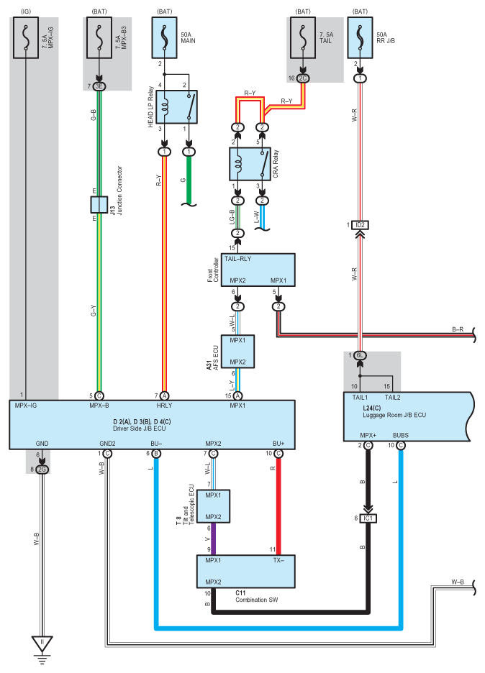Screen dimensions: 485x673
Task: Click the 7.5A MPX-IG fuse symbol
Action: (x=26, y=38)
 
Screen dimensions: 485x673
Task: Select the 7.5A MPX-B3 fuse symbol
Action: (x=99, y=38)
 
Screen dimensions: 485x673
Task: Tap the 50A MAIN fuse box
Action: (x=164, y=38)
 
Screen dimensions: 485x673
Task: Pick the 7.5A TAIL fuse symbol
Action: (x=303, y=38)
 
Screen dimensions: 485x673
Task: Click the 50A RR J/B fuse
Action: (x=360, y=38)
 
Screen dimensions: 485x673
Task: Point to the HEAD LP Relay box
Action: (x=176, y=107)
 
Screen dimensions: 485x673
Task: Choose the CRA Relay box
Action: (x=250, y=164)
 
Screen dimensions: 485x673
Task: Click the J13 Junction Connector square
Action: (x=99, y=205)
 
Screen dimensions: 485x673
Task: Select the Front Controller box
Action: (x=258, y=270)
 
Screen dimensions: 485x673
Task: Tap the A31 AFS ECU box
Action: (x=237, y=352)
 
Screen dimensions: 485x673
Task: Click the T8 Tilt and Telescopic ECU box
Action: (x=213, y=506)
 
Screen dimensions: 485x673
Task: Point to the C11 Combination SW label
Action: (x=256, y=596)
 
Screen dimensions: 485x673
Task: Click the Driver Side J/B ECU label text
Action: (x=139, y=429)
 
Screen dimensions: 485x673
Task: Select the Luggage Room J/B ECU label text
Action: (x=394, y=415)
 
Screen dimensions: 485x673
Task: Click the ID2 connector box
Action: (x=360, y=225)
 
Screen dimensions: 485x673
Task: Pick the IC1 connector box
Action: (x=368, y=518)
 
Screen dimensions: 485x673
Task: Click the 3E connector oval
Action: (x=99, y=86)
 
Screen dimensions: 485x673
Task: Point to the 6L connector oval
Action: (x=360, y=355)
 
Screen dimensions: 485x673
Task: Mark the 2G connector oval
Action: (x=42, y=470)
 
